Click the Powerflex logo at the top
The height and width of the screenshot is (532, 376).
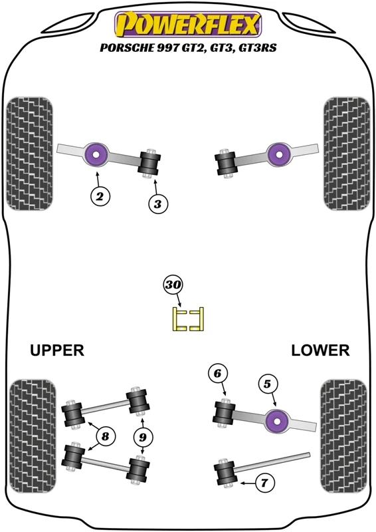[188, 24]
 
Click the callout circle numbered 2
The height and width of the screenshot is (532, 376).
[100, 196]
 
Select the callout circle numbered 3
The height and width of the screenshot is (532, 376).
[158, 204]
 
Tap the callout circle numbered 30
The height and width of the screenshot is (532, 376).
[173, 285]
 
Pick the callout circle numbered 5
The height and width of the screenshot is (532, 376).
[268, 384]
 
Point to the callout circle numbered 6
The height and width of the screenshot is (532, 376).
[217, 374]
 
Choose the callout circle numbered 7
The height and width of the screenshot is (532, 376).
[264, 483]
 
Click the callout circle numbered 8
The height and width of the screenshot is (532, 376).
[106, 436]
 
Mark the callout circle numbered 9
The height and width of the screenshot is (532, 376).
[143, 437]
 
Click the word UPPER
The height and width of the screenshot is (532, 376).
[57, 350]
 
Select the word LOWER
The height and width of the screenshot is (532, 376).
[320, 350]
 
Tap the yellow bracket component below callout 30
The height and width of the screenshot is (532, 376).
[188, 319]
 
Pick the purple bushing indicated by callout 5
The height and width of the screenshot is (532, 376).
[277, 421]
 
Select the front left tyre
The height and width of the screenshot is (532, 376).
[29, 154]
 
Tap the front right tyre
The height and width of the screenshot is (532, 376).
[347, 154]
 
